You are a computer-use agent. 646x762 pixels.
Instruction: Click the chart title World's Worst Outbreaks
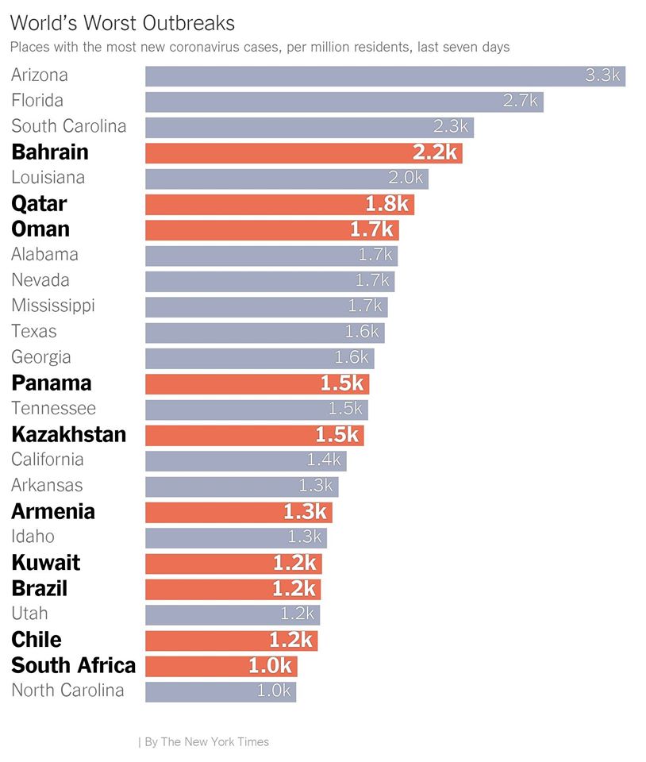point(122,22)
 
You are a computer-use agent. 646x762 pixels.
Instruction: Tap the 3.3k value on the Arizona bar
point(602,76)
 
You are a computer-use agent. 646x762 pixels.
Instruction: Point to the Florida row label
point(37,101)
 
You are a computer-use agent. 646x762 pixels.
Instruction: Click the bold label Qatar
point(39,204)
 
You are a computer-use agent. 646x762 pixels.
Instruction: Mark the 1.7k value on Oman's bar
point(372,230)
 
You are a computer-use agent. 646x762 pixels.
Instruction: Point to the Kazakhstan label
point(68,435)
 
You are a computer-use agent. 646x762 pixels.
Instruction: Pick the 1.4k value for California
point(324,460)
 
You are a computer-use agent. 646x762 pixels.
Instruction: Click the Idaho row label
point(33,537)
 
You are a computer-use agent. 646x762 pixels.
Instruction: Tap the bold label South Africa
point(73,665)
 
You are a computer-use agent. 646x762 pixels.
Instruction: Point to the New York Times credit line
point(204,742)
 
